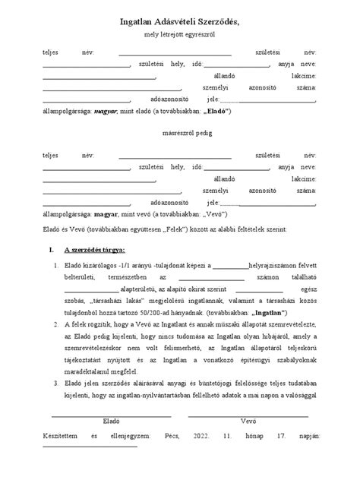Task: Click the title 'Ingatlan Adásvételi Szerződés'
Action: coord(179,25)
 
